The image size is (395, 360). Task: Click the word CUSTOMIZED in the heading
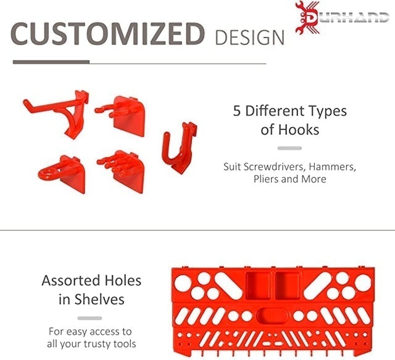107,34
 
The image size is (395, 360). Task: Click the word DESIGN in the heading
249,38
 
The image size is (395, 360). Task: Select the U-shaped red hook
180,148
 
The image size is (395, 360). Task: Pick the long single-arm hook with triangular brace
57,113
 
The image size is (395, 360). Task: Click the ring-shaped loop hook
62,174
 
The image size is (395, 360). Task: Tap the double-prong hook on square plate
121,115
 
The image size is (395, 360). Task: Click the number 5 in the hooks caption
236,111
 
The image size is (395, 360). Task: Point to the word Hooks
299,130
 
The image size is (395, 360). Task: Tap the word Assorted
72,280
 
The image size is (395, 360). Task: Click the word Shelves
99,300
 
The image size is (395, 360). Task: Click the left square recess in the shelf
258,286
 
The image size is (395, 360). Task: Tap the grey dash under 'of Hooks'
289,148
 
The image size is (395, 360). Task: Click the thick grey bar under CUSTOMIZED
51,62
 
